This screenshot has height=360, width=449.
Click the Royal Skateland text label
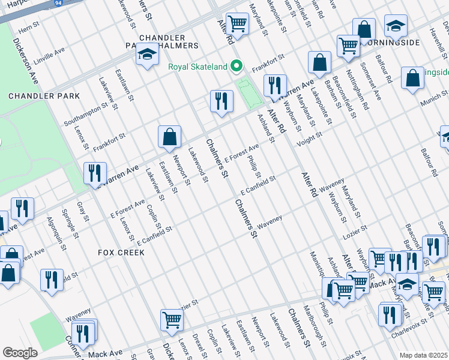coord(198,66)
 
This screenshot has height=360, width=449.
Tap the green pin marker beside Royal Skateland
coord(237,66)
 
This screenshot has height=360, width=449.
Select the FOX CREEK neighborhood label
coord(121,253)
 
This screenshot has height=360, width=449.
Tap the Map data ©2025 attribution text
coord(423,355)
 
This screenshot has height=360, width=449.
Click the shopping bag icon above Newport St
coord(170,137)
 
